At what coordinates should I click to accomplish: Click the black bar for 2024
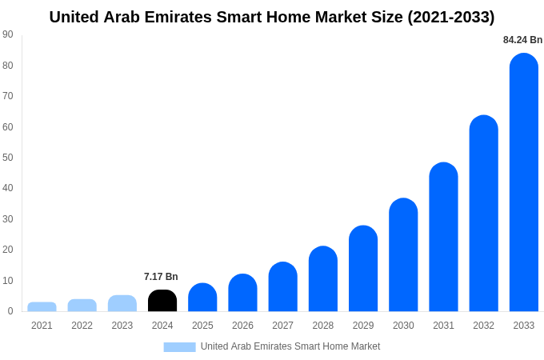(x=162, y=301)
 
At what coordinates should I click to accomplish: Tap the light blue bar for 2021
(x=42, y=307)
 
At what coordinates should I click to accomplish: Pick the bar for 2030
(x=403, y=255)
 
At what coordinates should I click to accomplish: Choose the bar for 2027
(x=282, y=287)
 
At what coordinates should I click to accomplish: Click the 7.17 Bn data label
(x=161, y=277)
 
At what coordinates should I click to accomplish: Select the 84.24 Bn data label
(x=522, y=40)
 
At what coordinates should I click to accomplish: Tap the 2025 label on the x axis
(x=202, y=326)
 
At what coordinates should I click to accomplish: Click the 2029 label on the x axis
(x=363, y=326)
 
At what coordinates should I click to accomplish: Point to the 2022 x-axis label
(x=82, y=326)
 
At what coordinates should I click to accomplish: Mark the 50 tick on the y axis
(x=8, y=158)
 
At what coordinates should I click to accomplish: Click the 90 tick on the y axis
(x=8, y=34)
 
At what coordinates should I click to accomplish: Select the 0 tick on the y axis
(x=10, y=311)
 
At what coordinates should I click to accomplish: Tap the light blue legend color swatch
(x=179, y=347)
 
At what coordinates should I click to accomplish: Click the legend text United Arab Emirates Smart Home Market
(x=290, y=346)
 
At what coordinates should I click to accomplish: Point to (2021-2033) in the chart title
(x=451, y=17)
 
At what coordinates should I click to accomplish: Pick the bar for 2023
(x=122, y=303)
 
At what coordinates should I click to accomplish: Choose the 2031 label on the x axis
(x=443, y=326)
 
